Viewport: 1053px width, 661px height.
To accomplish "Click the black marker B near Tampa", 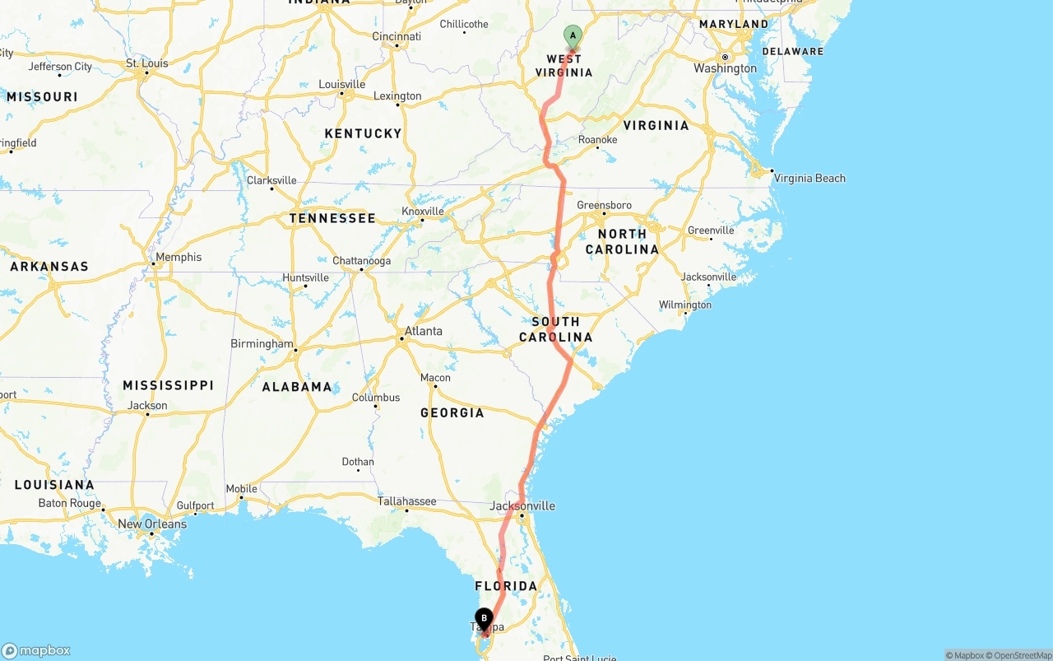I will (484, 618).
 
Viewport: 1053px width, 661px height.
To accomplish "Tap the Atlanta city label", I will (423, 331).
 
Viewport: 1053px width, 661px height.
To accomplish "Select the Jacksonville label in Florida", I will (522, 505).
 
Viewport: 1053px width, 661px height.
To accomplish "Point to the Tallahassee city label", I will (406, 500).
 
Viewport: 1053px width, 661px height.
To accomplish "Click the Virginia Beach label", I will (809, 178).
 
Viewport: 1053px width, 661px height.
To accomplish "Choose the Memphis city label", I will (178, 257).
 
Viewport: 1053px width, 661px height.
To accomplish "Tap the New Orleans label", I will (152, 524).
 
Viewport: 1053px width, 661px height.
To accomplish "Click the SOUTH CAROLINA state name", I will (555, 329).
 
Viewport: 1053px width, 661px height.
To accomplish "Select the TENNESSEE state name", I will (332, 218).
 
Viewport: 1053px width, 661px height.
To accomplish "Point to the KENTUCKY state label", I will (363, 133).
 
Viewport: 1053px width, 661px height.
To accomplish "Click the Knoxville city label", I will (423, 211).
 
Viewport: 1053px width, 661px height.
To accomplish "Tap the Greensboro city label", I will (604, 205).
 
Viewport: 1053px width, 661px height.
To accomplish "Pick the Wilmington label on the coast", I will (684, 305).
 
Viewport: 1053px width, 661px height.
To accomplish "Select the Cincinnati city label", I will (397, 36).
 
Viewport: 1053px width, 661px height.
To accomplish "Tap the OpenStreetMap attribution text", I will (1022, 655).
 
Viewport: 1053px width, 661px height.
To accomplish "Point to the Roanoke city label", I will (597, 140).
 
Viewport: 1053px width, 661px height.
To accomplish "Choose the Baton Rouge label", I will (70, 503).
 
